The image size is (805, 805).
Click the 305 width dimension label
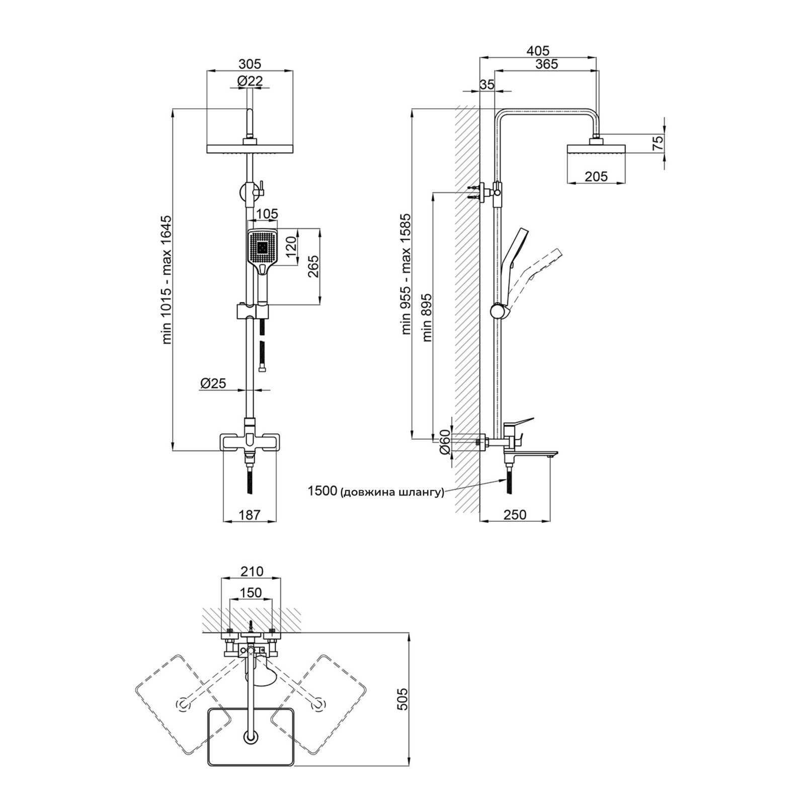tap(250, 64)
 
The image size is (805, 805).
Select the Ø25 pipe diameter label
tap(213, 383)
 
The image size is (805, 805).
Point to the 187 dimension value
tap(250, 515)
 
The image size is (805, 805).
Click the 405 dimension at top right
tap(538, 51)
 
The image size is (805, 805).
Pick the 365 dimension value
tap(546, 64)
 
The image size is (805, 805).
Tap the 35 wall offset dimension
tap(487, 85)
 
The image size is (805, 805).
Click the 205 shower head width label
tap(597, 177)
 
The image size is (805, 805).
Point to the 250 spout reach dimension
tap(515, 515)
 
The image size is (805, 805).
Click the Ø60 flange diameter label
tap(444, 443)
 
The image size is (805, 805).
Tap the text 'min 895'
tap(428, 317)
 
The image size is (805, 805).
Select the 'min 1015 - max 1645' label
tap(167, 280)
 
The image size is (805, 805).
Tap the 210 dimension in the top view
tap(252, 572)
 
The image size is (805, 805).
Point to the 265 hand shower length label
tap(313, 267)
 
